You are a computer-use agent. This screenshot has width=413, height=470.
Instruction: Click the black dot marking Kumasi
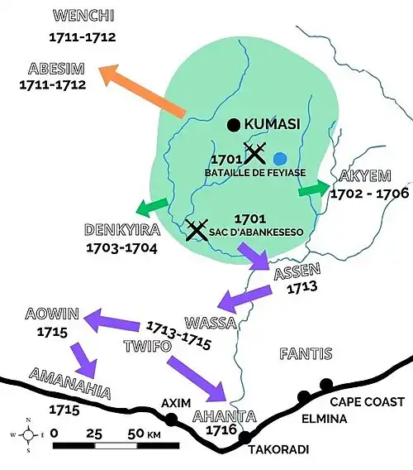point(234,125)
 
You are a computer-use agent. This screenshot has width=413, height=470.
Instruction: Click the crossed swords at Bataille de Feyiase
point(254,152)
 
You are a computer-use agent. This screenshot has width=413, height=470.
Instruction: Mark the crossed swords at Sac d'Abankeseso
point(197,229)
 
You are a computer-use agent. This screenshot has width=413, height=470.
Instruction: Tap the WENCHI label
point(82,17)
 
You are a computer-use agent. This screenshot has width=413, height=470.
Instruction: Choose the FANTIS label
point(306,355)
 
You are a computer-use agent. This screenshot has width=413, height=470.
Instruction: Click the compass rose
point(28,434)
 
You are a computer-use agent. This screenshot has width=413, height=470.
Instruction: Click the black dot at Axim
point(171,420)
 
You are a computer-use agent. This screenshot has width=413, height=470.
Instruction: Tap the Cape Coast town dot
point(326,384)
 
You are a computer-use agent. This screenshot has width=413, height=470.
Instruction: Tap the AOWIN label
point(51,315)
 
